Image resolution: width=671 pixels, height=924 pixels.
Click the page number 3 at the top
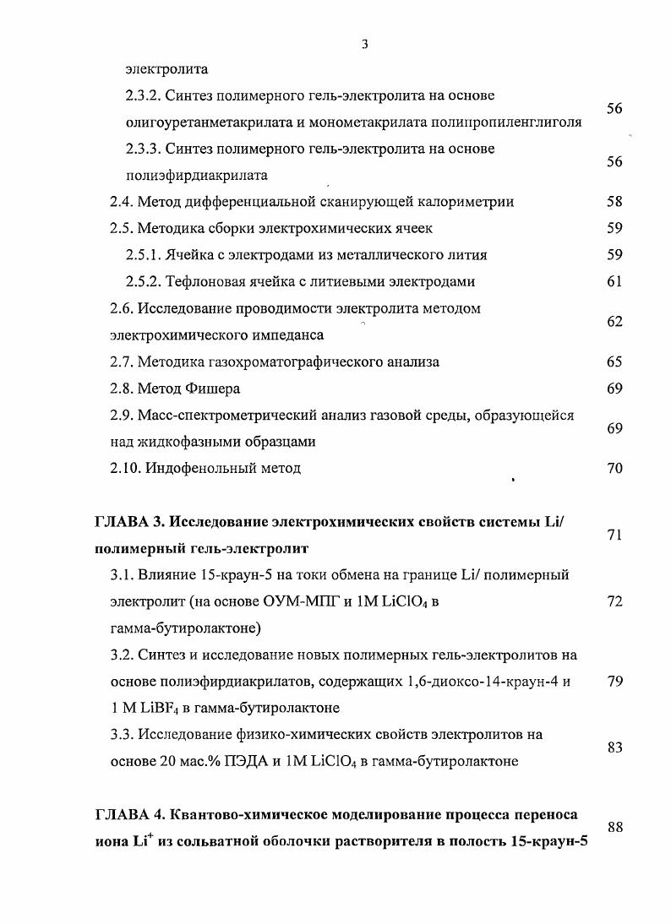point(364,44)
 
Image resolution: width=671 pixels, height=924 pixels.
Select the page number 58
point(614,202)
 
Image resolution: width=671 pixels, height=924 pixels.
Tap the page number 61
point(614,281)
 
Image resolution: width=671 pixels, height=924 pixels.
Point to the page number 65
point(614,361)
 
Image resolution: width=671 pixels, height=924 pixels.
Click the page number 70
point(614,468)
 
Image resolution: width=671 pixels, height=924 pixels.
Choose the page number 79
point(614,682)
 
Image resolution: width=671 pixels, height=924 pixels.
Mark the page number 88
point(614,828)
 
